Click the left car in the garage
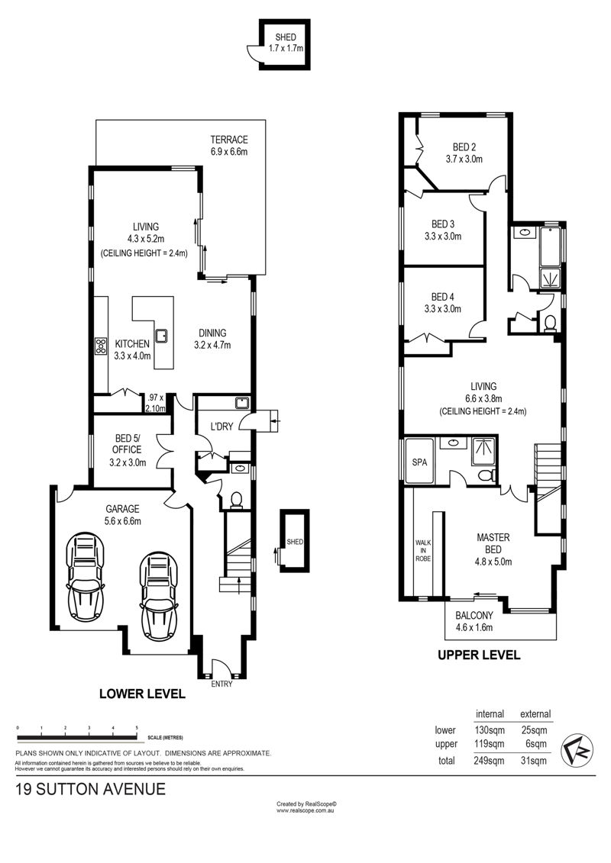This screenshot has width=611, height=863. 86,575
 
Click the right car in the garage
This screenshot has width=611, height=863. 160,597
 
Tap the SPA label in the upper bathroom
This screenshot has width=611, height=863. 420,462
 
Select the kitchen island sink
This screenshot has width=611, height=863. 162,335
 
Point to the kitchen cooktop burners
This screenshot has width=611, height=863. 101,346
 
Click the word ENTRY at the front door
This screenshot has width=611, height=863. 221,684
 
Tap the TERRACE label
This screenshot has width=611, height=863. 229,140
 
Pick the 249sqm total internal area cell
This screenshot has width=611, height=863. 490,761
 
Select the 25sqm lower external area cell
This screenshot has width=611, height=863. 535,730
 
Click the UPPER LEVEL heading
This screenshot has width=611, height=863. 479,655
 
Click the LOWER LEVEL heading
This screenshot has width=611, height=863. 142,694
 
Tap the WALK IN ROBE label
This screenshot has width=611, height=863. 423,550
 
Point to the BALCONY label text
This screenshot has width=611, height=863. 474,616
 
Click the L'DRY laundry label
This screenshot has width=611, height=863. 222,426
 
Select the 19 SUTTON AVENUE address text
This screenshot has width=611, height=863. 91,789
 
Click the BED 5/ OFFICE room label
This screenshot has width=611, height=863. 128,444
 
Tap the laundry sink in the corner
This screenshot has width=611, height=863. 241,403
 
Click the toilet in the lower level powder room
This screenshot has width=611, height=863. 236,499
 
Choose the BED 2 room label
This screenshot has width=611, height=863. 464,147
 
